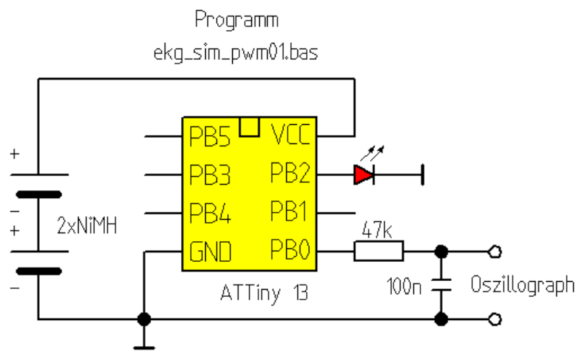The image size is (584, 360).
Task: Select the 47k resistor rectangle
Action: point(378,251)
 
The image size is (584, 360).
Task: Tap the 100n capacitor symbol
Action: point(442,285)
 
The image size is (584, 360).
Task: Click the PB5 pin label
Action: point(210,137)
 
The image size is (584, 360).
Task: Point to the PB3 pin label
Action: point(210,175)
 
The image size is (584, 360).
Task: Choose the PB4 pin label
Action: point(210,212)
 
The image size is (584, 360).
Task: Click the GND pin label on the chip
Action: point(210,251)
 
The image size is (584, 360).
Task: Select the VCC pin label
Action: point(291,134)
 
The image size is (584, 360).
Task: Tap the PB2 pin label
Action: point(290,172)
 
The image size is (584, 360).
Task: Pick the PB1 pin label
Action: point(288,211)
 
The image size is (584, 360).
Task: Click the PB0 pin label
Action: point(290,249)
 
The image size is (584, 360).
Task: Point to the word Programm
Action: point(237,20)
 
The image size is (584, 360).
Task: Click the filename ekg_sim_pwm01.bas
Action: point(236,53)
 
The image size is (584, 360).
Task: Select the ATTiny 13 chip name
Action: point(264,293)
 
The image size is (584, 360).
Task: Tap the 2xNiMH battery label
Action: point(87,226)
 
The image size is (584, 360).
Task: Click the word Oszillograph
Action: point(523,286)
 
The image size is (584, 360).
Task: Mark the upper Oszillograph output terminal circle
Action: point(495,252)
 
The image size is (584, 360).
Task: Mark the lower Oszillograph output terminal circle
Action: point(495,319)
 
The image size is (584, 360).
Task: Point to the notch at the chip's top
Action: point(249,127)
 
